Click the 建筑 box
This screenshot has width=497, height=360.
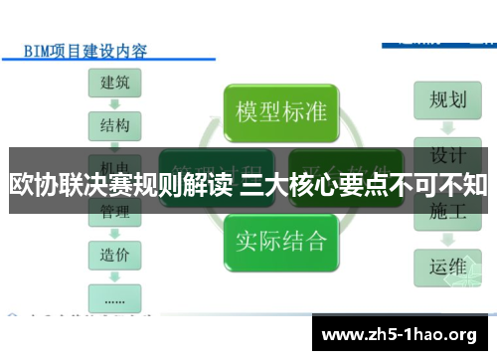[x=114, y=84]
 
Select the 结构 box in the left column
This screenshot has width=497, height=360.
[x=114, y=125]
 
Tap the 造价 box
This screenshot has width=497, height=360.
[x=114, y=254]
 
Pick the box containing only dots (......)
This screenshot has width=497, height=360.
[x=114, y=295]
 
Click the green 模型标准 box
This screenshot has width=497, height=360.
[x=281, y=110]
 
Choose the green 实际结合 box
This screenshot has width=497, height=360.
[x=281, y=240]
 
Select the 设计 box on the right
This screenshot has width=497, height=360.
[x=447, y=156]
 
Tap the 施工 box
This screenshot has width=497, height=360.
[x=447, y=212]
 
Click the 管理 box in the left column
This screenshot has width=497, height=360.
[x=114, y=212]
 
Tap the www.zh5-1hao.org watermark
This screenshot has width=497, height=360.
[x=402, y=333]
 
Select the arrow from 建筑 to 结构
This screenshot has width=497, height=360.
[x=114, y=104]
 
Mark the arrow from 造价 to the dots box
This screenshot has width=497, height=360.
[x=114, y=274]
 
